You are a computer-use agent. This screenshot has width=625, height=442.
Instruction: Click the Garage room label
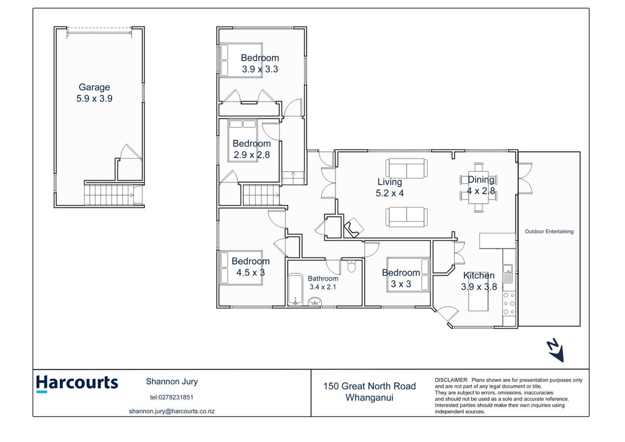pos(94,88)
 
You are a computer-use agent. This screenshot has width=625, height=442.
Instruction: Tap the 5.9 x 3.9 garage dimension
pos(94,98)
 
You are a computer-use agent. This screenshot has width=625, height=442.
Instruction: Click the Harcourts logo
pos(77,383)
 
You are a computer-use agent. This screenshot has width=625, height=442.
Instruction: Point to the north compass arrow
pos(555,350)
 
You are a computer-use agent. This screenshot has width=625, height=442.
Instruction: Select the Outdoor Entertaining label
pos(549,231)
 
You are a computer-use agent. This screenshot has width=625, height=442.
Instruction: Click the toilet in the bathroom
pos(351,266)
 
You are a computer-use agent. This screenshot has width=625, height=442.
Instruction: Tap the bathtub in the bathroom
pos(295,290)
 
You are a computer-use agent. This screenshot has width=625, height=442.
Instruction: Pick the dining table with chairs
pos(479,187)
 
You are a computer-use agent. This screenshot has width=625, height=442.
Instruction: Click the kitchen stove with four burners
pos(509,304)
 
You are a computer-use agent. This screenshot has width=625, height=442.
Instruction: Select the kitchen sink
pos(507,274)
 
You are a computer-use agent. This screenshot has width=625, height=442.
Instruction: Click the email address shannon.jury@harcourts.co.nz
pos(172,411)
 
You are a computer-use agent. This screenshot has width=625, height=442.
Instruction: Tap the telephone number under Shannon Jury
pos(172,397)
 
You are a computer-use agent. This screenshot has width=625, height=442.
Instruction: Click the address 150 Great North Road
pos(370,386)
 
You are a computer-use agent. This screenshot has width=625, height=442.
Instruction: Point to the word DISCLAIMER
pos(451,380)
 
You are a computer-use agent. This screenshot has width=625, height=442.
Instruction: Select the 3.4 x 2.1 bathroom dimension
pos(323,287)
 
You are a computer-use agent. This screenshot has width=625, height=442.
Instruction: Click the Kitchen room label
pos(479,275)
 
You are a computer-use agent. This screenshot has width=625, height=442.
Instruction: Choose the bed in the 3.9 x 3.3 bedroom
pos(241,60)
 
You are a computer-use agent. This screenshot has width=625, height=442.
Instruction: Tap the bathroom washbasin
pos(316,301)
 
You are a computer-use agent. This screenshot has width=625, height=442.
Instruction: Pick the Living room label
pos(390,182)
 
